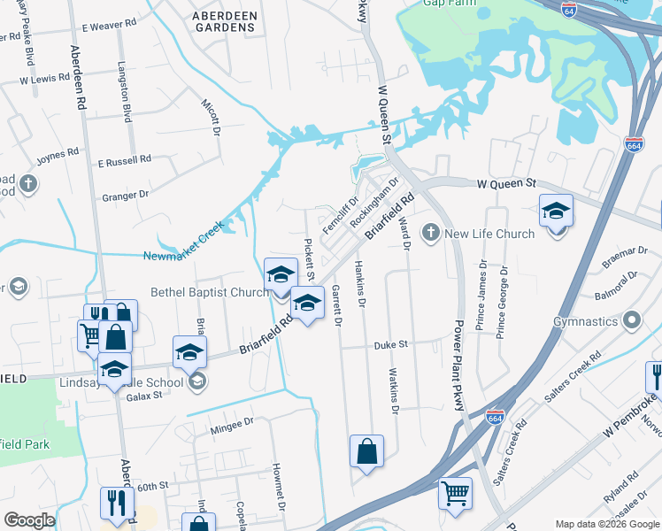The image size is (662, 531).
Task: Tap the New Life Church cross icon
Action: (431, 234)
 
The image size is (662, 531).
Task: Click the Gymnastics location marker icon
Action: (632, 319)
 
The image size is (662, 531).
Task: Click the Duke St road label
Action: (389, 344)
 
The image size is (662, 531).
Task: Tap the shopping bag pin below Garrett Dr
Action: (366, 450)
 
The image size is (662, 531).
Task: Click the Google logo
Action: (29, 520)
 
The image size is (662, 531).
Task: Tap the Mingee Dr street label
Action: (232, 424)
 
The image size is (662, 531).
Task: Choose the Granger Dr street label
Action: (125, 196)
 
